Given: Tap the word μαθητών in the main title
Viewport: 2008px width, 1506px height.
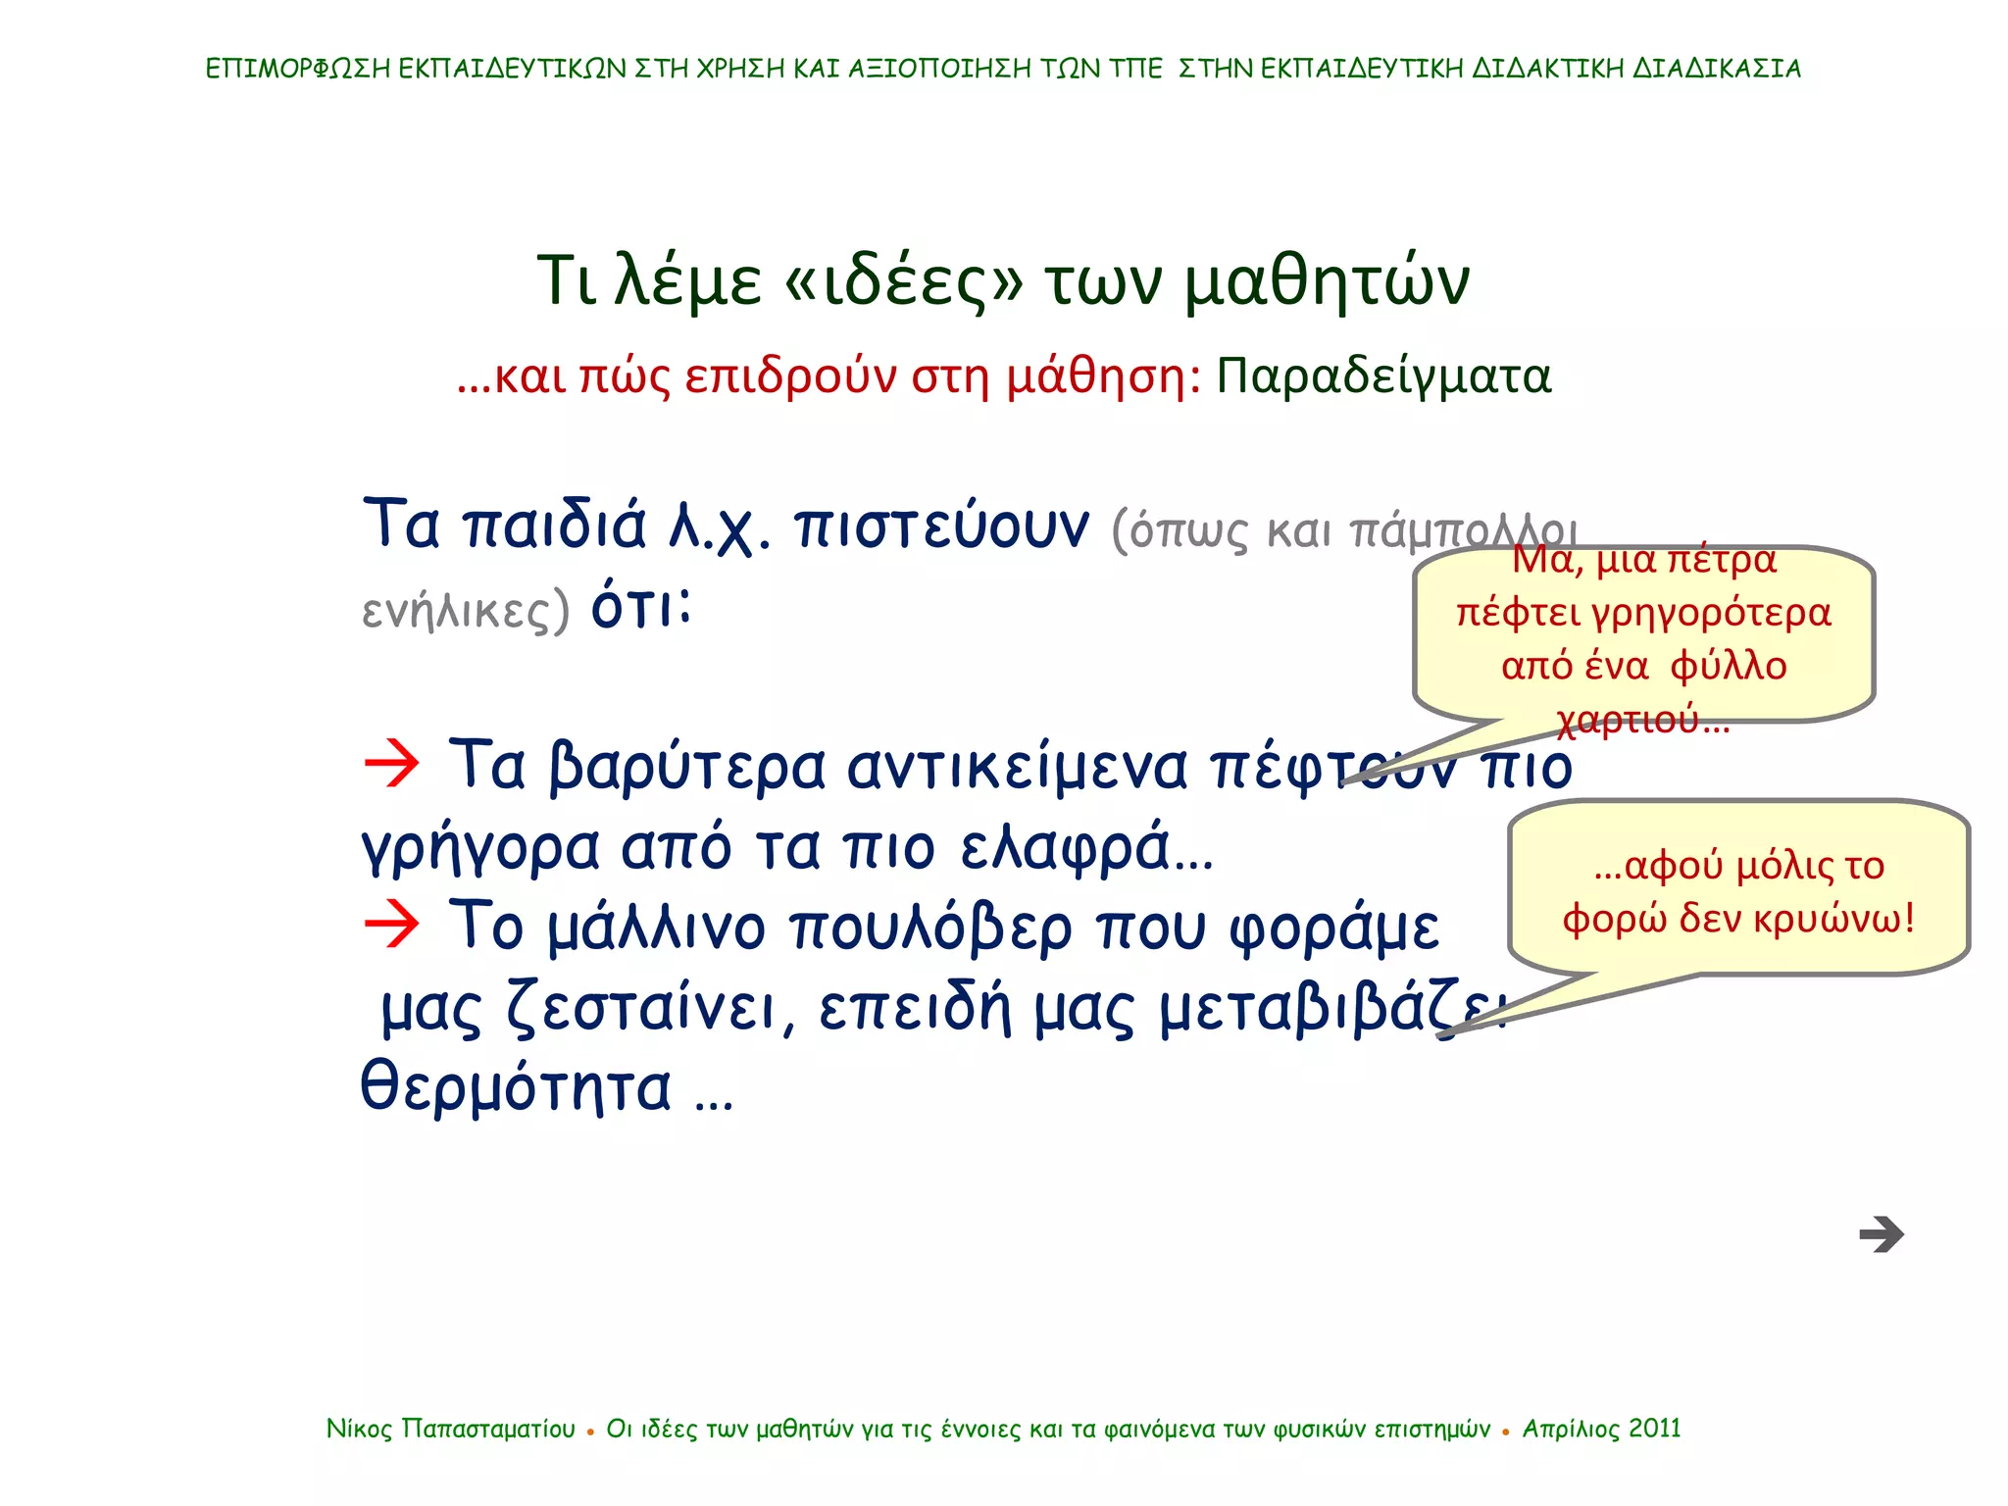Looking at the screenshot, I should click(1327, 281).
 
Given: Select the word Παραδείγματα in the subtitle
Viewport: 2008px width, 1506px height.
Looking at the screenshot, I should click(1383, 376).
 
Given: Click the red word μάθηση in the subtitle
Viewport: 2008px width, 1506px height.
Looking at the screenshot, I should click(1097, 376).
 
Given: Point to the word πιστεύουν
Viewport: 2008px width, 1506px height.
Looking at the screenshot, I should click(941, 527).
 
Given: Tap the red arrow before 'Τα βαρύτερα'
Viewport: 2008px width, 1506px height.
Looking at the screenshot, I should click(391, 764).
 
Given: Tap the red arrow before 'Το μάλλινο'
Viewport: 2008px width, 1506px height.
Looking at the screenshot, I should click(391, 924).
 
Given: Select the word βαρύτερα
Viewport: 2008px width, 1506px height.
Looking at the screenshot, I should click(686, 767).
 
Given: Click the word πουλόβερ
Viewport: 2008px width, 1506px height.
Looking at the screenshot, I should click(930, 928).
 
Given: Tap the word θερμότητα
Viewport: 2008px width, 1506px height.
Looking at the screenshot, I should click(517, 1088).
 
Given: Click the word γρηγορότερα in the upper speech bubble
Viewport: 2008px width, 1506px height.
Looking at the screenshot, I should click(1710, 614).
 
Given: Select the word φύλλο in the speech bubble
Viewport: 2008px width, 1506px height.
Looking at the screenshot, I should click(1728, 667).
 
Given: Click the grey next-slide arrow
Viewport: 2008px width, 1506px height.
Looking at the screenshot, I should click(1881, 1234).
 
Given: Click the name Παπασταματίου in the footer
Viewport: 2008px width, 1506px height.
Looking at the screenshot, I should click(488, 1430).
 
